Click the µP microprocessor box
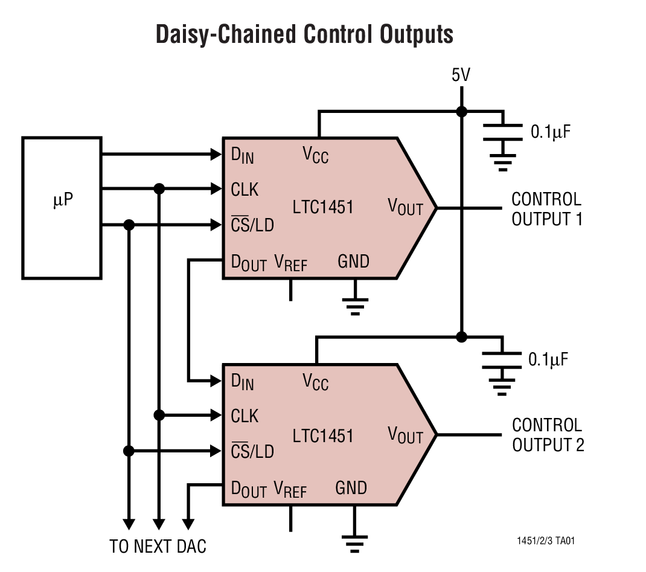(x=62, y=207)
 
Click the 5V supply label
(x=461, y=76)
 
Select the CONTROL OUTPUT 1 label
(x=546, y=209)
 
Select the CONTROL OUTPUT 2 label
(x=548, y=435)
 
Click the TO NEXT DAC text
(x=158, y=547)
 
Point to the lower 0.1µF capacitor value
(x=548, y=360)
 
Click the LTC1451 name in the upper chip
(x=323, y=207)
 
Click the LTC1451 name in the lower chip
(x=323, y=435)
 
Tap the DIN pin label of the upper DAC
(x=243, y=155)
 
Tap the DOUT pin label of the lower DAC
(x=249, y=489)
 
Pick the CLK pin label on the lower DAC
(x=245, y=416)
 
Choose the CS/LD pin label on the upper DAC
(x=252, y=225)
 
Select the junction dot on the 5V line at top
(x=462, y=112)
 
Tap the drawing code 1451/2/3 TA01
(x=545, y=541)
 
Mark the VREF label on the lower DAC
(x=290, y=489)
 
